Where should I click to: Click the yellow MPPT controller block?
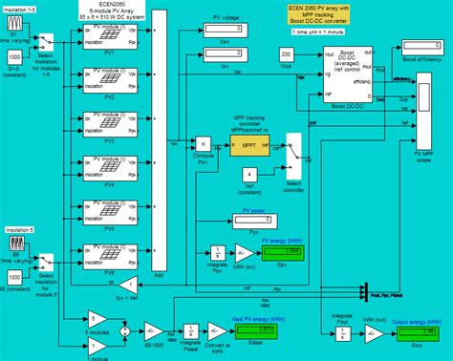point(245,147)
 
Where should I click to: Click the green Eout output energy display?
point(417,333)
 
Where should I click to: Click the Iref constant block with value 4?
point(248,174)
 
